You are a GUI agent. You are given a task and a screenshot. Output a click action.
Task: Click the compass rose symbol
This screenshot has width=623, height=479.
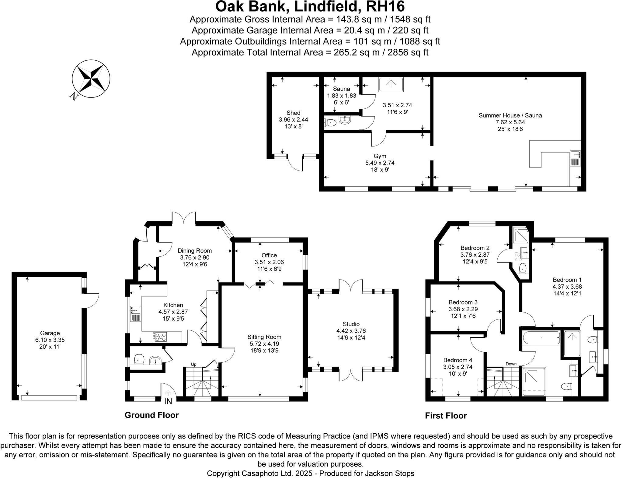91,79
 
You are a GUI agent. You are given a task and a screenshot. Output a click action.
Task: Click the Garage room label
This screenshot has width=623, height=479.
50,333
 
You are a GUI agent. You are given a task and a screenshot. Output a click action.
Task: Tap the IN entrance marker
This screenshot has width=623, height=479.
168,401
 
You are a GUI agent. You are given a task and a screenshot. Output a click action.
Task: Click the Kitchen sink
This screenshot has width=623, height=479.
136,314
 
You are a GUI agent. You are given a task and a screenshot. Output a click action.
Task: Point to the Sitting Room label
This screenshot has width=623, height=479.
264,337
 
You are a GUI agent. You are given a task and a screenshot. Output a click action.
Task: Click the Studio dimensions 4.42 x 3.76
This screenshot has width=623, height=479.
351,331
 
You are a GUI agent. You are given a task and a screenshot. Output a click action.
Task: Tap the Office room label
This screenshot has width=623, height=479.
269,255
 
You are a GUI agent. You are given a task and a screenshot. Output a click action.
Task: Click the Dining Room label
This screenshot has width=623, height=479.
195,251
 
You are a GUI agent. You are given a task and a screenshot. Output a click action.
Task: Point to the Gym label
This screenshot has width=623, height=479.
380,156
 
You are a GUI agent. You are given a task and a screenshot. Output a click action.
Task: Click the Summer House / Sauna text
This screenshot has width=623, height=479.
510,115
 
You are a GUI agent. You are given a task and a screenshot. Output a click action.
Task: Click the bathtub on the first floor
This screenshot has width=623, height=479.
541,338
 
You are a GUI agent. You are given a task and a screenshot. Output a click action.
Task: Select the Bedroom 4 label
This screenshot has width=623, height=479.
458,360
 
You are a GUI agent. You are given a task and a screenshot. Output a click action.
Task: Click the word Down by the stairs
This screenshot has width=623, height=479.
511,364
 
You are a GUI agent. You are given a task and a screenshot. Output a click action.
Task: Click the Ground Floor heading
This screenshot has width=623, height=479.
151,415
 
